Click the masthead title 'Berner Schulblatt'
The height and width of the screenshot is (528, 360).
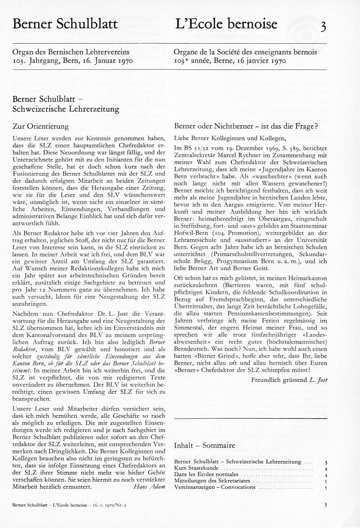tap(65, 24)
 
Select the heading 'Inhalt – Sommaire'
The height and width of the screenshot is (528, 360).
tap(204, 446)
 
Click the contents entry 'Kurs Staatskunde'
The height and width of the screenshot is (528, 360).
tap(198, 469)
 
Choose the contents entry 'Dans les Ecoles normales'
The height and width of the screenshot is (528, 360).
tap(207, 475)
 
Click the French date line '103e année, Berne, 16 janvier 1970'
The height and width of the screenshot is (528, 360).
tap(229, 61)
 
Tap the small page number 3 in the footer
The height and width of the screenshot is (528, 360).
tap(325, 505)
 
